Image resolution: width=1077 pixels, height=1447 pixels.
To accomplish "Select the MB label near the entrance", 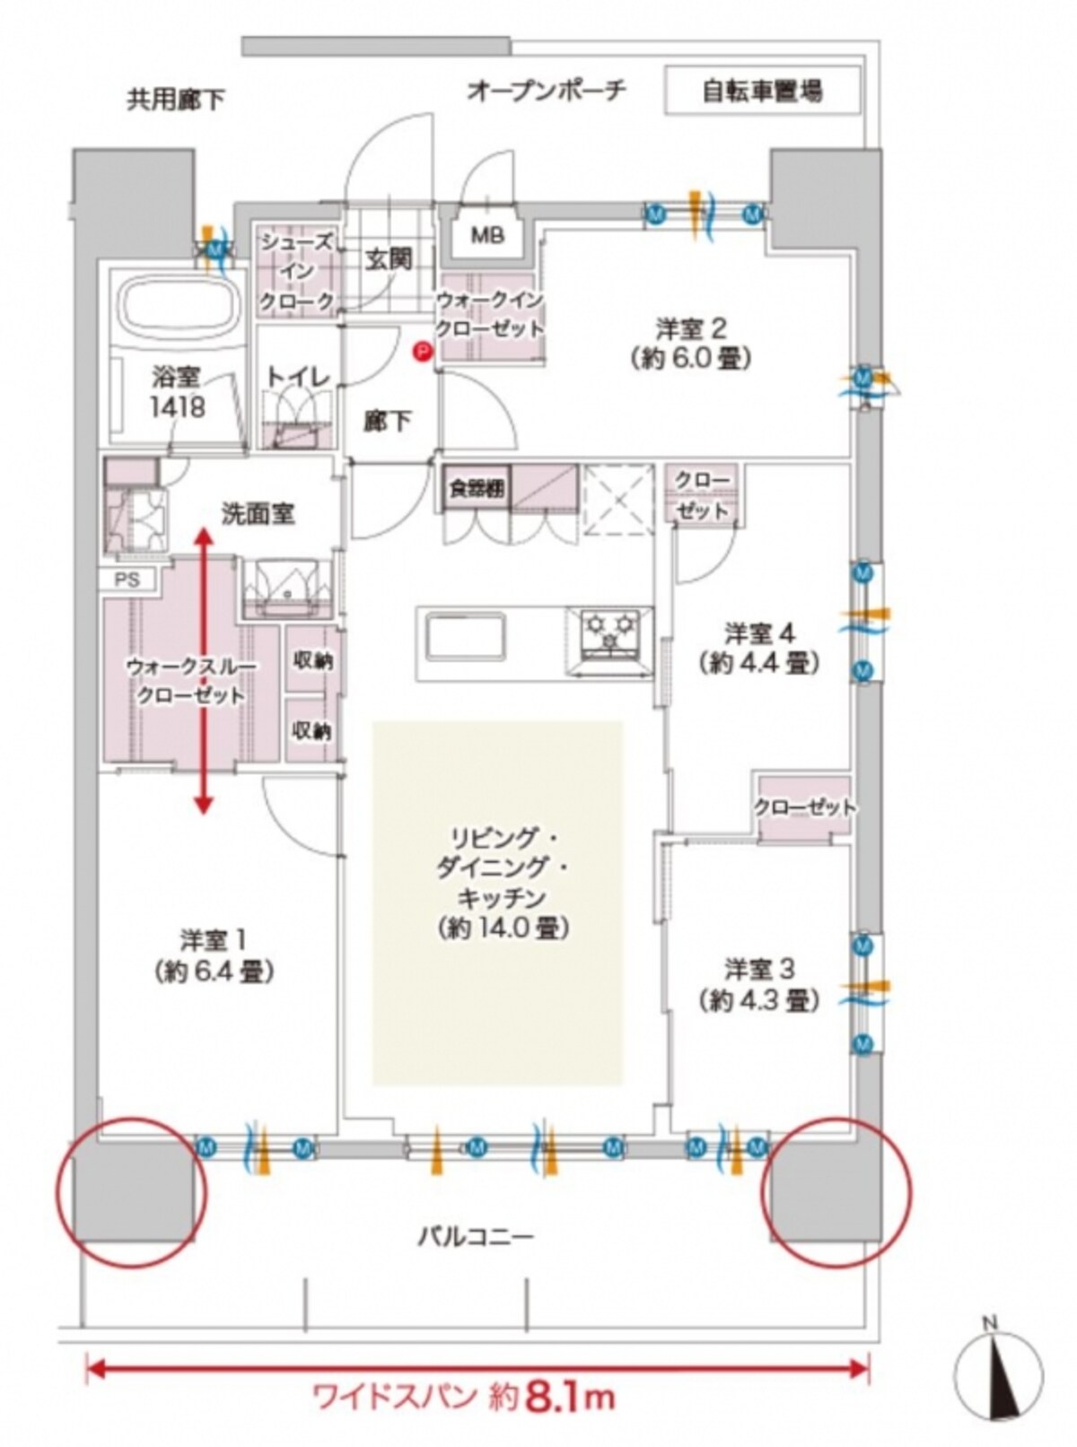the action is pyautogui.click(x=488, y=236).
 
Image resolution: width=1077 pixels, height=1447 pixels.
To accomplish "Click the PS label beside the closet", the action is pyautogui.click(x=128, y=580).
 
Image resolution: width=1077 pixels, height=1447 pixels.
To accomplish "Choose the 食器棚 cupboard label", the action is pyautogui.click(x=478, y=488).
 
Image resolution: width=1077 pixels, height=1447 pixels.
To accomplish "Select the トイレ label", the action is pyautogui.click(x=298, y=379).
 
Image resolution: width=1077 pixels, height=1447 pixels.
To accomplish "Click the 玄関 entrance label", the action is pyautogui.click(x=389, y=260).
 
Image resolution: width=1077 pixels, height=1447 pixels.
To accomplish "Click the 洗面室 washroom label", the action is pyautogui.click(x=258, y=515).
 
